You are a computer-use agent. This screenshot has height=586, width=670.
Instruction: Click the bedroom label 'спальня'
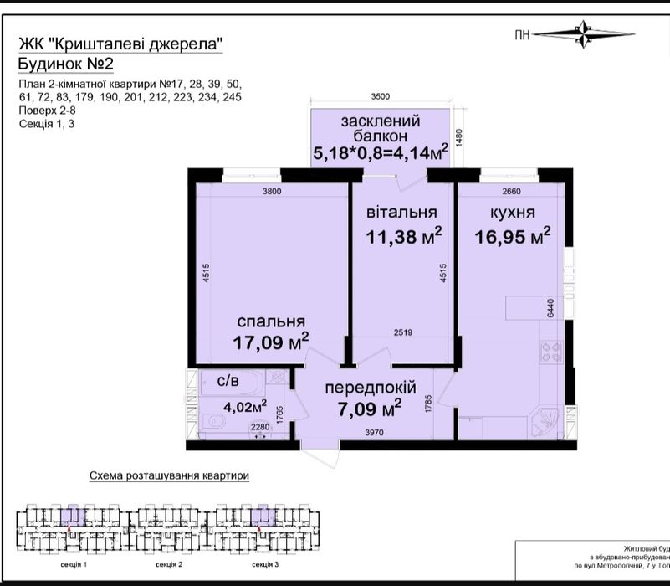(x=269, y=321)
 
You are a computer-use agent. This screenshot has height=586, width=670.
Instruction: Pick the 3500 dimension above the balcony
(x=381, y=97)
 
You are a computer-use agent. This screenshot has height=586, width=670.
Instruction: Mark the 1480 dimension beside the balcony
(x=458, y=136)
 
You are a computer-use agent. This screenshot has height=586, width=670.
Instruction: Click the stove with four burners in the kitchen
(x=552, y=355)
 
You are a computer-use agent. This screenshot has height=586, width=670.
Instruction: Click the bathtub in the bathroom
(x=228, y=393)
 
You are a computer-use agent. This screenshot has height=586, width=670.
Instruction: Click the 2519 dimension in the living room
(x=406, y=333)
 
